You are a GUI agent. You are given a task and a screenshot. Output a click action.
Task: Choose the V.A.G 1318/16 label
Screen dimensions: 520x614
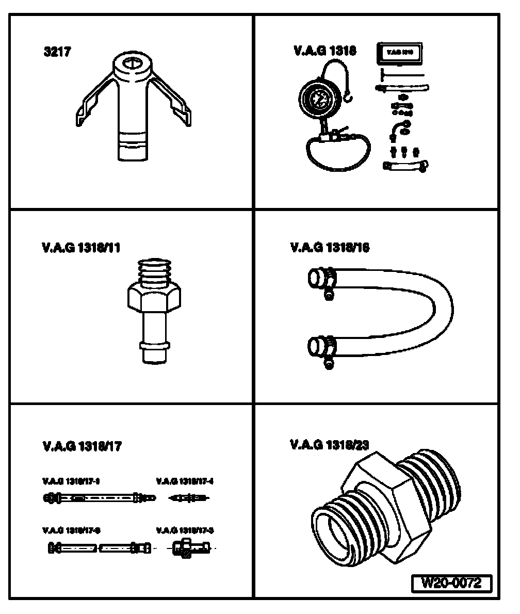[330, 248]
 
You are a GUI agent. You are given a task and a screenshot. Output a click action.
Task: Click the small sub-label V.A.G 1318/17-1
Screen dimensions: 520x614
[70, 481]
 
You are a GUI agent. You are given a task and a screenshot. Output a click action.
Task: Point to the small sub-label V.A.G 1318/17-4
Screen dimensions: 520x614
[185, 481]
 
